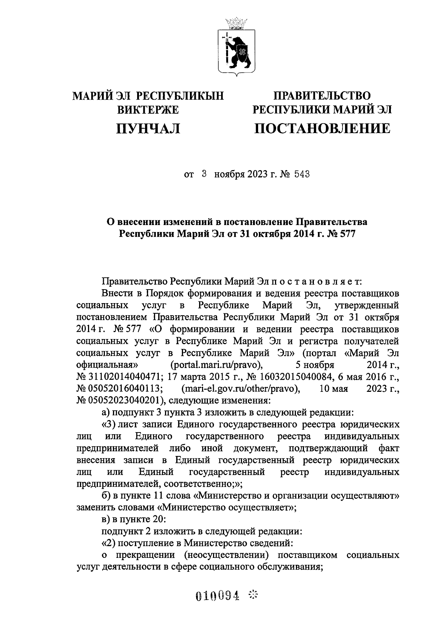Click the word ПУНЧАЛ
[148, 128]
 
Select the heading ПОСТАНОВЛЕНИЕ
[322, 128]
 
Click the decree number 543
[302, 174]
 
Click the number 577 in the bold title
[346, 234]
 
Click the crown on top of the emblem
[236, 23]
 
